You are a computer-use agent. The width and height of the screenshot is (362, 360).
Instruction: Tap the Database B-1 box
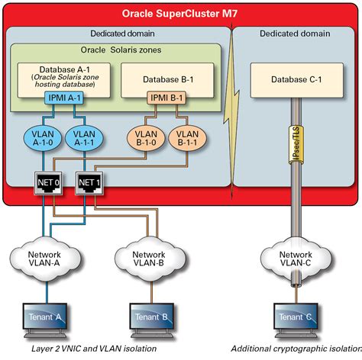click(x=160, y=79)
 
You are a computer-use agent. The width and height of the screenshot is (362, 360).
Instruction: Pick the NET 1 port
click(x=88, y=184)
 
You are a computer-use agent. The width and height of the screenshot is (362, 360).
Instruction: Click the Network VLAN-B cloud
click(x=148, y=260)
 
